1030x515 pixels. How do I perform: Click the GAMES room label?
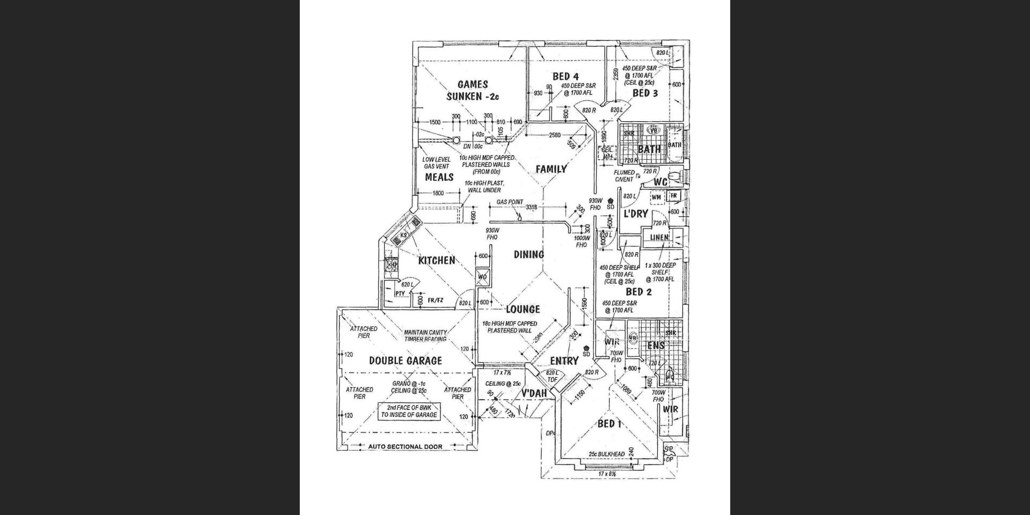point(473,85)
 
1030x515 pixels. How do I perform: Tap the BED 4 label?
point(565,77)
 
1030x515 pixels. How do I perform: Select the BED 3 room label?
point(645,93)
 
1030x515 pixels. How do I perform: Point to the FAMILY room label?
point(551,170)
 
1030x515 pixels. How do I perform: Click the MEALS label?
point(439,177)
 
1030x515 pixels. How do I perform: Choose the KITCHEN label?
point(437,261)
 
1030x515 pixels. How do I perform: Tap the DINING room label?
point(529,255)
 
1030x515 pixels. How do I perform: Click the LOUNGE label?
point(523,310)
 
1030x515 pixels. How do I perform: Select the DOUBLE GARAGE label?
point(406,361)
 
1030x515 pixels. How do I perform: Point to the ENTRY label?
point(564,361)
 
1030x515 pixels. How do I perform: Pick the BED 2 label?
point(639,292)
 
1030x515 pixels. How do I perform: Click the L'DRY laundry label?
point(636,214)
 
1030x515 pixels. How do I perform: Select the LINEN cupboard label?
point(659,238)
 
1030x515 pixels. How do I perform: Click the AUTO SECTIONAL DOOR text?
point(405,447)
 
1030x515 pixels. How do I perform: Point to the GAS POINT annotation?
point(510,202)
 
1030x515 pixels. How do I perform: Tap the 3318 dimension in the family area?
point(531,207)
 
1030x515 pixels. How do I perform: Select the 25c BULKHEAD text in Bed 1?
point(606,454)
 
